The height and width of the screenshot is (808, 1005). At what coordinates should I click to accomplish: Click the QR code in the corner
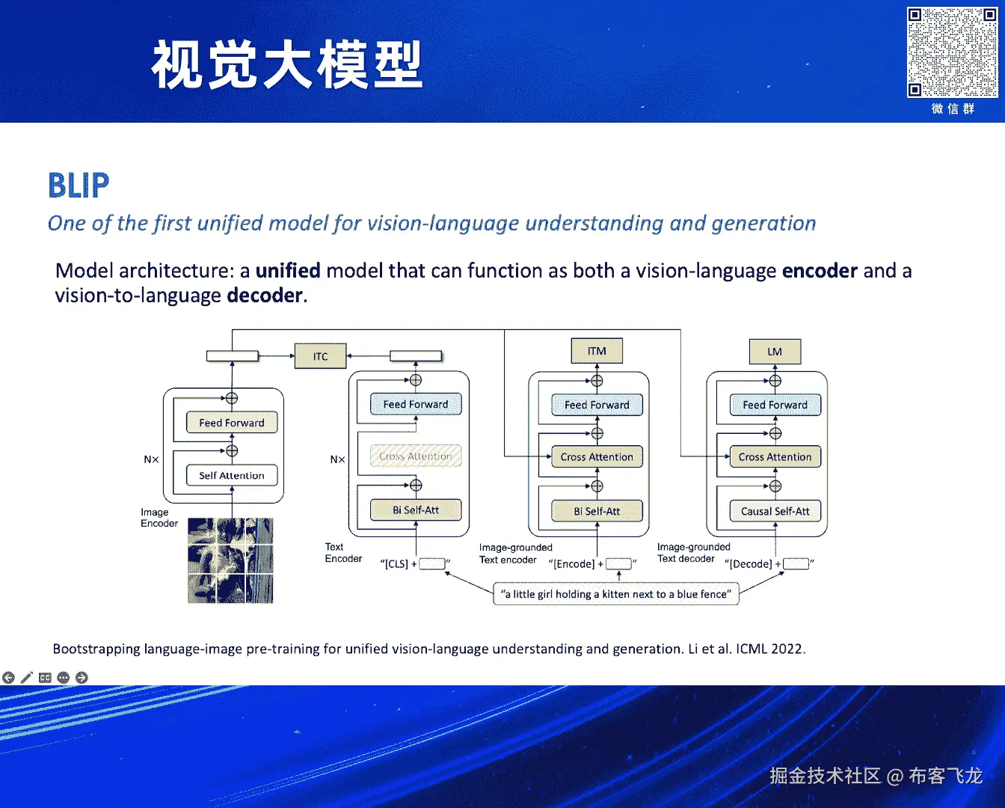952,52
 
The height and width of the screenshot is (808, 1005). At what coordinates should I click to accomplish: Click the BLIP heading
79,186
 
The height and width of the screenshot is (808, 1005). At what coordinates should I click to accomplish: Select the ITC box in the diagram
320,356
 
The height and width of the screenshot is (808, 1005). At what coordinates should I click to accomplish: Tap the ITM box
597,351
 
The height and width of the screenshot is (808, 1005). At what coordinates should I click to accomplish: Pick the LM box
775,351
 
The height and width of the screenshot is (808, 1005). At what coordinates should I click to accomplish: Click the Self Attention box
231,475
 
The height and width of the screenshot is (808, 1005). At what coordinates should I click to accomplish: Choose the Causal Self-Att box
775,511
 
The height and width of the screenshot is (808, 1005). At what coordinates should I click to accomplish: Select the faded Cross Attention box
416,456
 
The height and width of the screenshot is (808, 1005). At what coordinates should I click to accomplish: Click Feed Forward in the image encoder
231,423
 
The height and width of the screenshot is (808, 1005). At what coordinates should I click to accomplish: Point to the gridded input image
230,560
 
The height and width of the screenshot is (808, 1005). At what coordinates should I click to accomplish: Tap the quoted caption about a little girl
616,594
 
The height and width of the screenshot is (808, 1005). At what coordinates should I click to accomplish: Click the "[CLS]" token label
397,564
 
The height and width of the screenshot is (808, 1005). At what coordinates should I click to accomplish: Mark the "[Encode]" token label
574,564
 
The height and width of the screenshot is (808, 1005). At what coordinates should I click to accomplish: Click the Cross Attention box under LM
775,456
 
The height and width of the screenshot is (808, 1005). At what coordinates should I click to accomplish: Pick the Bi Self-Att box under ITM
597,511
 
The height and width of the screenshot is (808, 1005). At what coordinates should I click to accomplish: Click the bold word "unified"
288,270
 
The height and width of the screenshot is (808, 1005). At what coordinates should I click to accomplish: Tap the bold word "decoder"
265,296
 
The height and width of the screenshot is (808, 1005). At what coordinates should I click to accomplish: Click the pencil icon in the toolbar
27,678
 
